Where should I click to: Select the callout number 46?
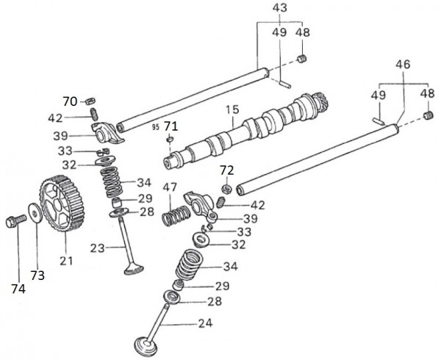(x=403, y=65)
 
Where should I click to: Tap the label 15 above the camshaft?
(x=232, y=111)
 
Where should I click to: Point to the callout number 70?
(x=69, y=101)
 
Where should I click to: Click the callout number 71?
(x=171, y=126)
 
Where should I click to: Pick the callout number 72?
(x=227, y=171)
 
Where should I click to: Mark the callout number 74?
(x=18, y=289)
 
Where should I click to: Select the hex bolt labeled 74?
(x=15, y=220)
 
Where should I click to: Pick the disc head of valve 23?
(x=133, y=270)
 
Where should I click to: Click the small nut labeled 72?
(x=227, y=190)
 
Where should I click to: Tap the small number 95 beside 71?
(x=156, y=126)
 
